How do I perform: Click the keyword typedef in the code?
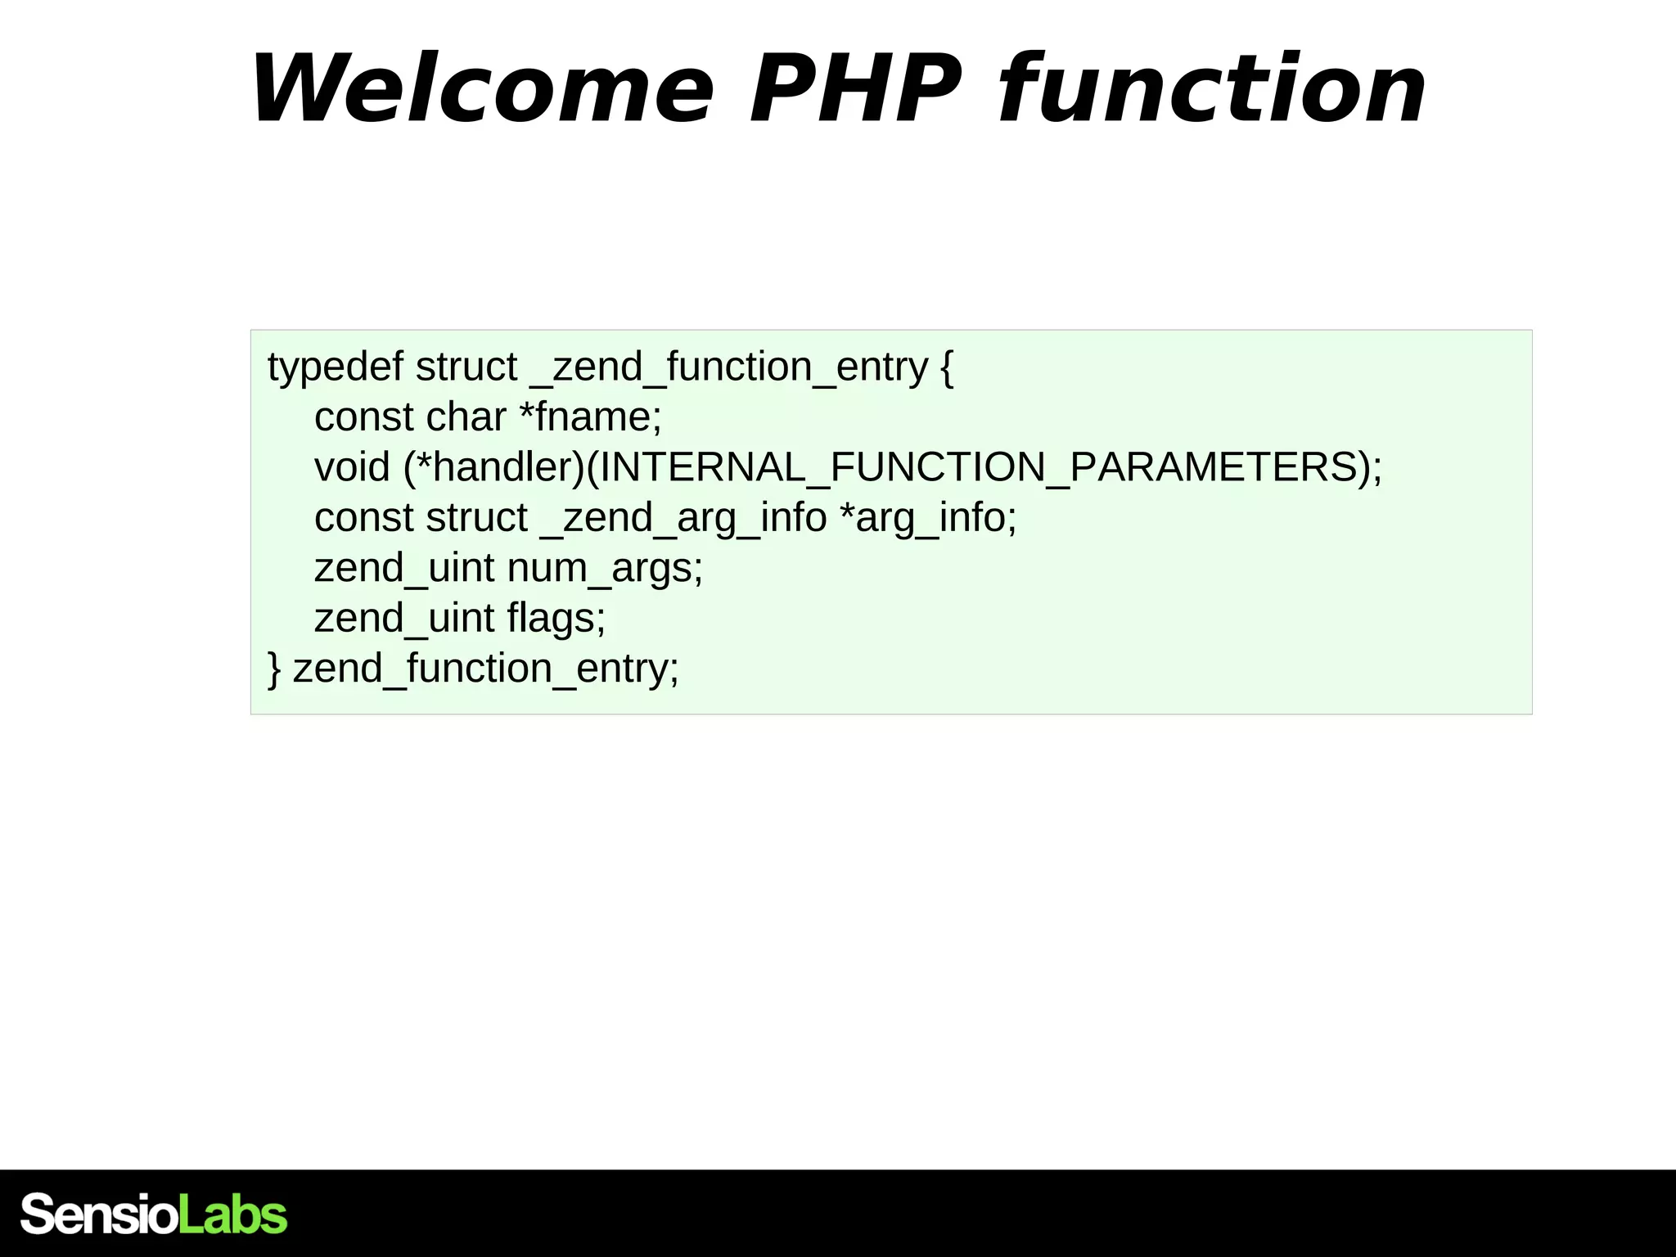pos(335,367)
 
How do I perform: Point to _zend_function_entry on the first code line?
pos(729,367)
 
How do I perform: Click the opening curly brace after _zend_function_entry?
pos(947,367)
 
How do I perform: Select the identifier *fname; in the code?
pos(591,417)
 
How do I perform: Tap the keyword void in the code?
pos(352,467)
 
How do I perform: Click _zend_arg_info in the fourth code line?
pos(683,518)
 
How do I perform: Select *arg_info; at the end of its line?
pos(929,518)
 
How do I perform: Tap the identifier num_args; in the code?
pos(605,568)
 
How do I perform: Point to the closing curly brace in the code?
pos(275,669)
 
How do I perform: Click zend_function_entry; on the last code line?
pos(486,669)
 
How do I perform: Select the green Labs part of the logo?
pos(232,1214)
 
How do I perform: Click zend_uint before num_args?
pos(404,568)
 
